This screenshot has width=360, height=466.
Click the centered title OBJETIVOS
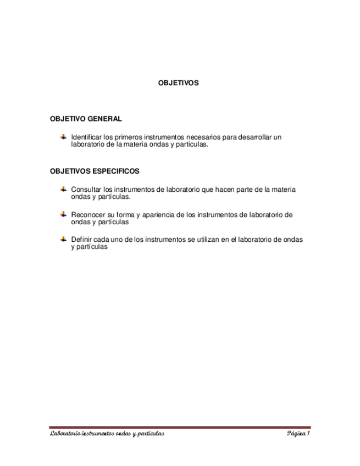[x=178, y=84]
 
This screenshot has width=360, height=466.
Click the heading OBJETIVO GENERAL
[x=86, y=119]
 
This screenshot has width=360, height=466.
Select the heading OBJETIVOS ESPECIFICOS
[x=95, y=171]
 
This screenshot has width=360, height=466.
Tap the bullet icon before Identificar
[x=63, y=136]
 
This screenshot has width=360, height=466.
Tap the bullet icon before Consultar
[x=63, y=189]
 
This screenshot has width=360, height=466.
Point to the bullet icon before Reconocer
[x=63, y=214]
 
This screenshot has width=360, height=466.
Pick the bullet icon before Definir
[x=63, y=239]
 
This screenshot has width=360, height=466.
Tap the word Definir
[x=81, y=240]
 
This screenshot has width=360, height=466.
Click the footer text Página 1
[x=298, y=434]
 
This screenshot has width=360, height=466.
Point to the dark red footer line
[x=180, y=428]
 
